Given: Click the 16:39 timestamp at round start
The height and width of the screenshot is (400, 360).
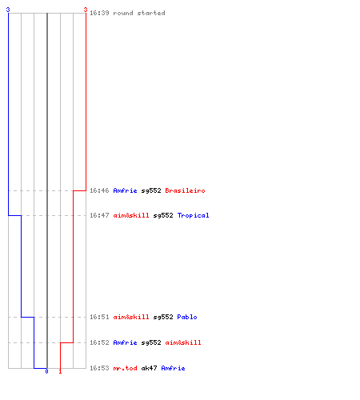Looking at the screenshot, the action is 99,13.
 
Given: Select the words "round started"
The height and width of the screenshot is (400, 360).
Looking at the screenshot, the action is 139,13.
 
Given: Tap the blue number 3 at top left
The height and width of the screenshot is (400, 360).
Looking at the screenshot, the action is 8,10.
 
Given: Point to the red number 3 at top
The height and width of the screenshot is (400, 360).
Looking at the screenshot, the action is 86,10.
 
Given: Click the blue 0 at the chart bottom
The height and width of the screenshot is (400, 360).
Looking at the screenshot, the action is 46,371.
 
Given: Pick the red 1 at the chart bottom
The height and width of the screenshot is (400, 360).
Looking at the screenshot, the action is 60,371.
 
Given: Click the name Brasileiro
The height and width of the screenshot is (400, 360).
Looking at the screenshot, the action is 185,190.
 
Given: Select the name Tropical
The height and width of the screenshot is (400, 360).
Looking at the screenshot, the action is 193,215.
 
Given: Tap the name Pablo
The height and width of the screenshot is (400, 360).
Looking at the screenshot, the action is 187,317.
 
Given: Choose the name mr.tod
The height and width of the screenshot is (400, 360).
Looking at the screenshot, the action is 125,368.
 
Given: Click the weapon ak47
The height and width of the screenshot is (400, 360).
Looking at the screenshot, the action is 149,368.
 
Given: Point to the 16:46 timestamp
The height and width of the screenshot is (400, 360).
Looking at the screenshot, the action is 99,190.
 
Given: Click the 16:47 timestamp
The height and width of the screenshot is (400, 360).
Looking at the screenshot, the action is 99,215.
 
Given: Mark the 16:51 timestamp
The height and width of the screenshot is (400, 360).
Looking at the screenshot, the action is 99,317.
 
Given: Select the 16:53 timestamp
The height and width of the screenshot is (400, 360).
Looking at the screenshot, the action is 99,368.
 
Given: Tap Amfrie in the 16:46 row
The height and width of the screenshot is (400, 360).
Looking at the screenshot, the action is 125,190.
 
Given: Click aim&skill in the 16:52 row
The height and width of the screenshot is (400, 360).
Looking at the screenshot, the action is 183,342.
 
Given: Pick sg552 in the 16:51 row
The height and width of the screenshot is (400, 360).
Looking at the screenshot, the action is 163,317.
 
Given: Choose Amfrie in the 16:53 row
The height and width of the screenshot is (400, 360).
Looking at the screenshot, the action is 173,368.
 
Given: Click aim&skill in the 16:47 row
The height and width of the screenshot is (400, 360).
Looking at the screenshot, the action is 131,215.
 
